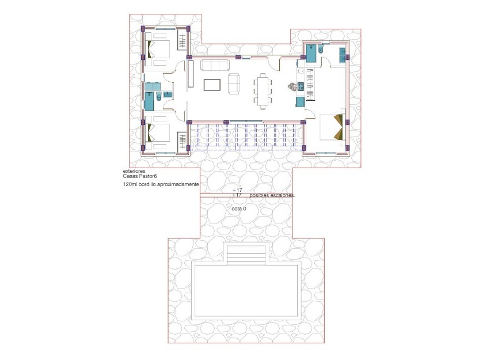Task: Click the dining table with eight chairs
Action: click(x=263, y=90)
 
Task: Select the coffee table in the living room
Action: click(x=212, y=85)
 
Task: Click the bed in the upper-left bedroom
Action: click(x=158, y=49)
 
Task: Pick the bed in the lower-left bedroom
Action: click(x=158, y=134)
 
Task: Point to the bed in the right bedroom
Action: click(x=332, y=127)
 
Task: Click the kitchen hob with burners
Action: click(x=300, y=86)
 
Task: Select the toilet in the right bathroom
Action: click(x=322, y=52)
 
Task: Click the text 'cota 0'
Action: click(x=238, y=209)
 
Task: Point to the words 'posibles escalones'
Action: click(x=272, y=196)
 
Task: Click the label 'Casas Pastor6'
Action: click(x=139, y=177)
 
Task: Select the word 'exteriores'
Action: click(x=134, y=172)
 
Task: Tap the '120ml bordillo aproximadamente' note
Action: click(x=161, y=184)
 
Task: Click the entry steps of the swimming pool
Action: click(x=247, y=254)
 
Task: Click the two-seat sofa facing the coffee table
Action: click(x=235, y=84)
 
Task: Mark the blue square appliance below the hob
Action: click(x=300, y=102)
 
